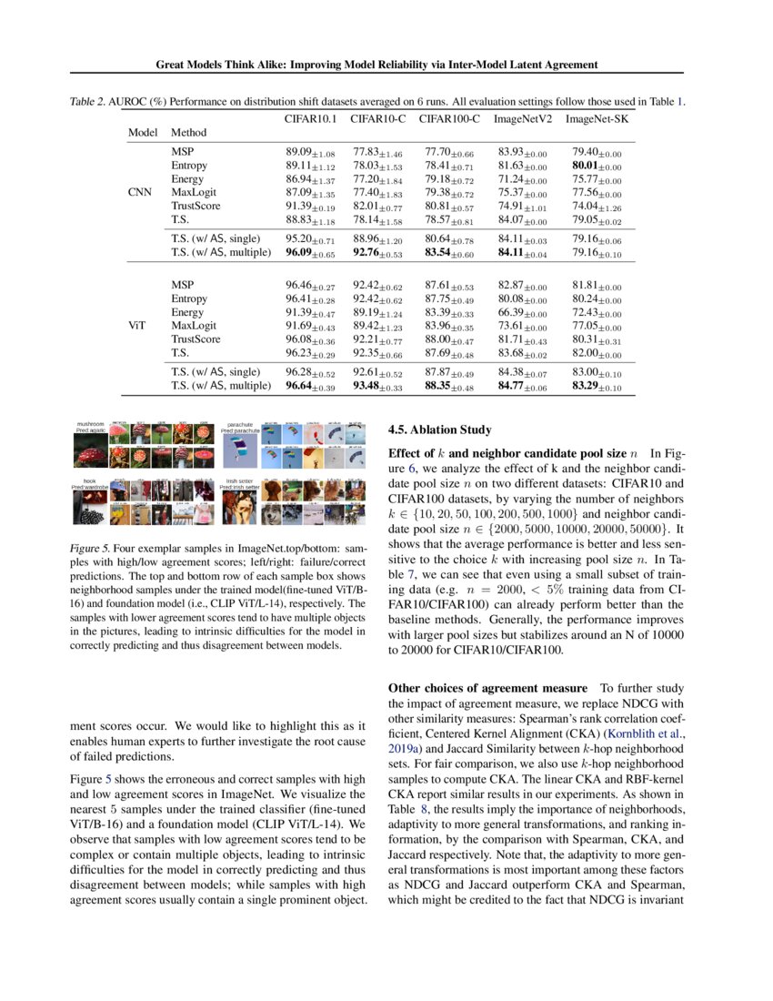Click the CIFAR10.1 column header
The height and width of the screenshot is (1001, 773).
pyautogui.click(x=311, y=118)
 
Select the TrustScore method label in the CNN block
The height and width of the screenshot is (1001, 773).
pyautogui.click(x=196, y=206)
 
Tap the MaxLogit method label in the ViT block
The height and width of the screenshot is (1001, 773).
pyautogui.click(x=194, y=325)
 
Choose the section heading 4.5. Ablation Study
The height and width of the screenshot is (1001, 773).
pyautogui.click(x=439, y=430)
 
